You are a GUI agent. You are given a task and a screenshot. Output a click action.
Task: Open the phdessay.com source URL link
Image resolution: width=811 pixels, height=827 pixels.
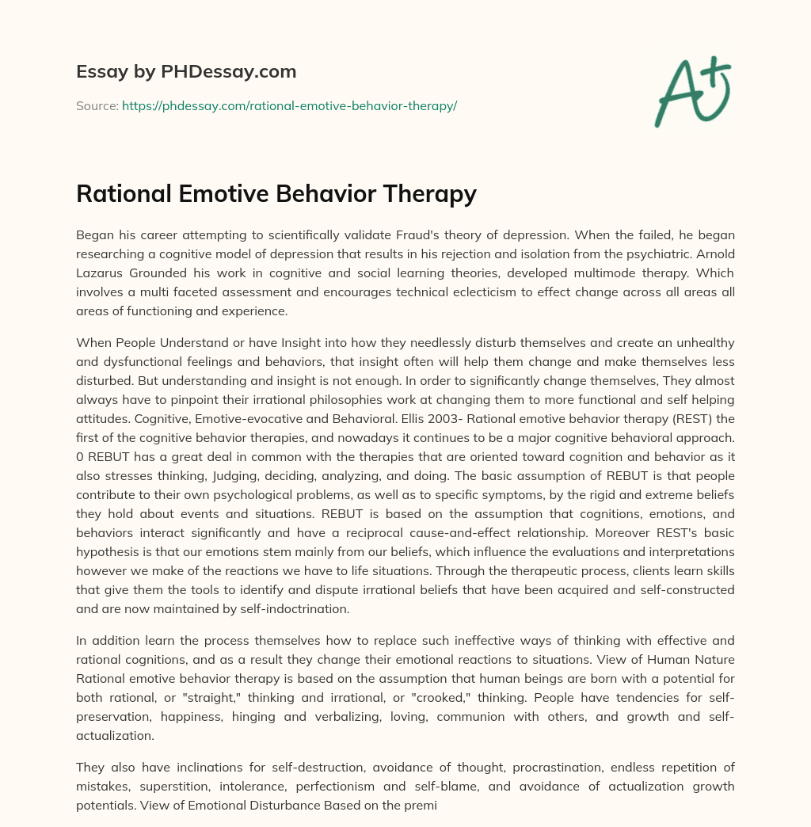point(289,105)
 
